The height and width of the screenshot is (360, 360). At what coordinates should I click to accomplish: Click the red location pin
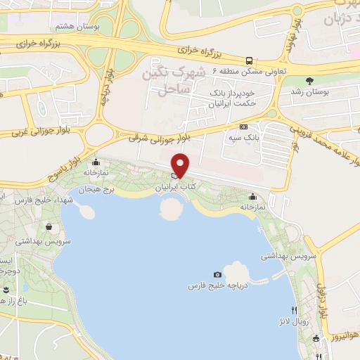[x=181, y=165]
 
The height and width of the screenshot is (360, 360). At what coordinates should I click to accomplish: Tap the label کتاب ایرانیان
[x=176, y=189]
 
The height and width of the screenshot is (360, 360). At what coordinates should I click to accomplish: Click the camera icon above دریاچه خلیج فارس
[x=217, y=274]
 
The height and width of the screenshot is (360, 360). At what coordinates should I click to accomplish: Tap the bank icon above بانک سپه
[x=244, y=127]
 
